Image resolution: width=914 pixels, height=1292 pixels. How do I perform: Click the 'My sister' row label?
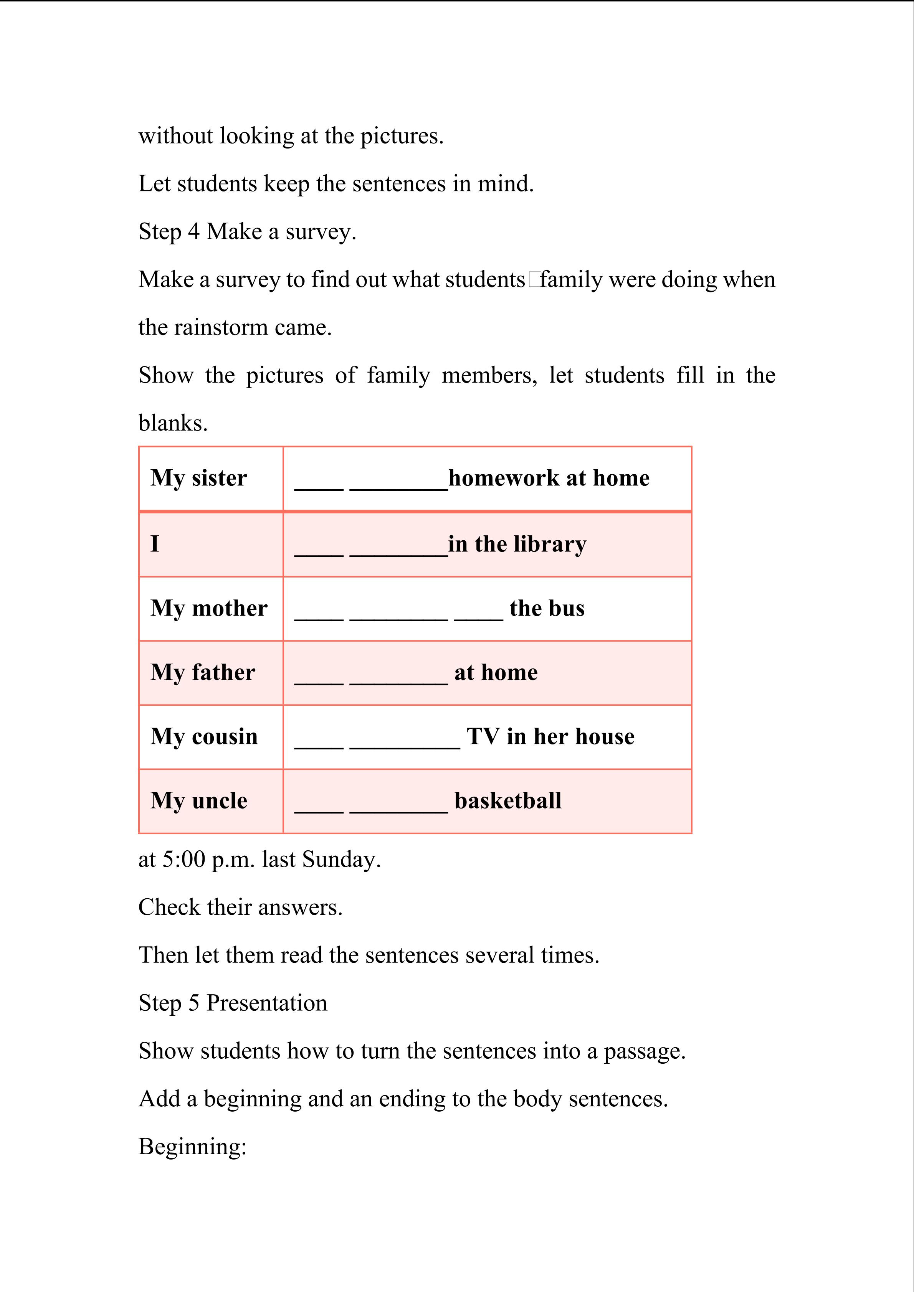pos(199,478)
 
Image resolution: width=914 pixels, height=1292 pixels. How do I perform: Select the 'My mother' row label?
pos(209,609)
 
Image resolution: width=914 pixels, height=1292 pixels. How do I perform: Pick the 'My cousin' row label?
pos(204,737)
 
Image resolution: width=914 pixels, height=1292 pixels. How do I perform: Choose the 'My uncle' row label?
pos(199,801)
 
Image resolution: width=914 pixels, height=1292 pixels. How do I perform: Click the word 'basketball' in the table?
pos(507,801)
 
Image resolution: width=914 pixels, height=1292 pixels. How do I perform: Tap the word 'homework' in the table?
pos(504,478)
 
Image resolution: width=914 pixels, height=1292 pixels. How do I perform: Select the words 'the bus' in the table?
pos(547,609)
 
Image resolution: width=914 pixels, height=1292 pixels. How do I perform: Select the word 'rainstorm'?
pos(221,327)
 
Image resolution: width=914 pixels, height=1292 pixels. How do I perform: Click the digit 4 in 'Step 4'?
pos(193,232)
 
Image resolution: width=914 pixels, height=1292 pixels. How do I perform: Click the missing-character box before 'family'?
pos(534,280)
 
